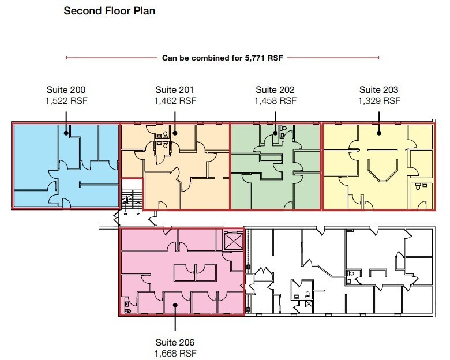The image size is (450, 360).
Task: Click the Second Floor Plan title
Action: point(109,11)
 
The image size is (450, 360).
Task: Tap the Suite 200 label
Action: point(66,90)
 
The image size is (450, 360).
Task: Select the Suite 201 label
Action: point(174,90)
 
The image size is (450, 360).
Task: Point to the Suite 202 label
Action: point(275,90)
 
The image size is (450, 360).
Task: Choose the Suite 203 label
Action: point(378,90)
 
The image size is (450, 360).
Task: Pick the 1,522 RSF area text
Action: point(66,100)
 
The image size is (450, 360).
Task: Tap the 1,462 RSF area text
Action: point(174,100)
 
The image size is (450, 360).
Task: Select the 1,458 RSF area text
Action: point(275,100)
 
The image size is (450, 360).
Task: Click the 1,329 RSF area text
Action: point(378,100)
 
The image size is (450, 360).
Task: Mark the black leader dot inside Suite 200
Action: point(66,133)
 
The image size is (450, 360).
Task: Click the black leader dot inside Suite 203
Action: point(379,133)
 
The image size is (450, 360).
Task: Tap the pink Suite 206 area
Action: point(150,271)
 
